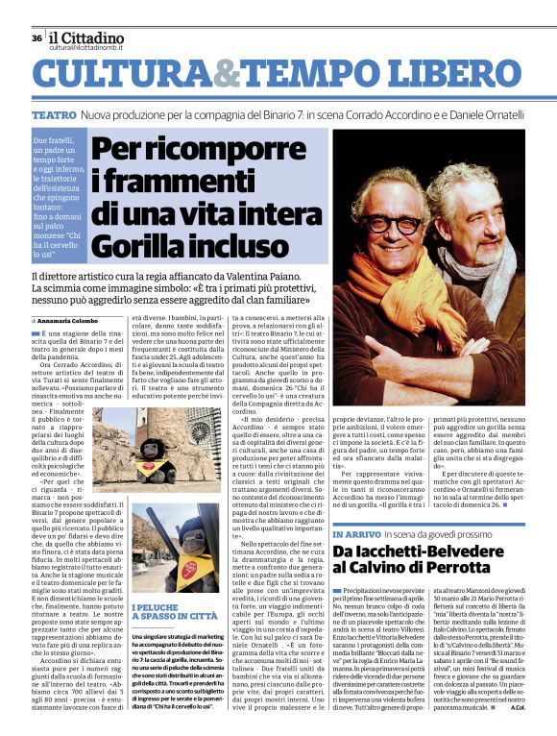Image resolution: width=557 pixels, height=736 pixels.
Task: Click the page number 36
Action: [x=36, y=38]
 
